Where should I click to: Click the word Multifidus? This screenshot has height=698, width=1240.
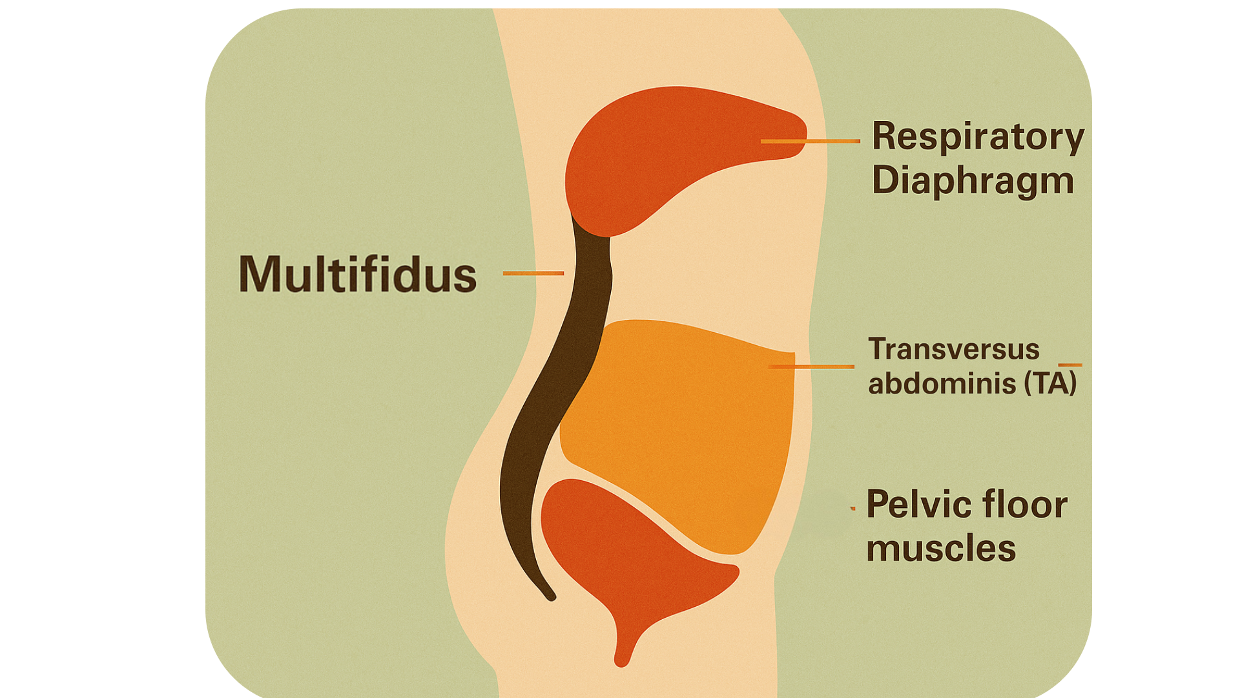click(358, 274)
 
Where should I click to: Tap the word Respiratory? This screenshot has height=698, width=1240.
click(978, 138)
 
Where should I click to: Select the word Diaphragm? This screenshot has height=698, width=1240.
click(973, 180)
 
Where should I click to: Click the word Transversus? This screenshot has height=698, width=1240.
click(954, 349)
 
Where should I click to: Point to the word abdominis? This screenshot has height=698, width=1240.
click(942, 383)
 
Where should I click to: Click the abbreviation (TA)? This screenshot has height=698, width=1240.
click(1051, 383)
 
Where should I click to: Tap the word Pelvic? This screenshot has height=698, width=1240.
click(913, 505)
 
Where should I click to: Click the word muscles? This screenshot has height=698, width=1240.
click(941, 549)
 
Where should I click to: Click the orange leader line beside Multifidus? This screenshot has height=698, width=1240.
click(533, 273)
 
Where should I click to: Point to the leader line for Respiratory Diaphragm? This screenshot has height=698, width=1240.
click(811, 141)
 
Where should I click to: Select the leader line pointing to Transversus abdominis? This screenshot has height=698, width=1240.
click(811, 366)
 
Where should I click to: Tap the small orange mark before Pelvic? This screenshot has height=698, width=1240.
click(853, 509)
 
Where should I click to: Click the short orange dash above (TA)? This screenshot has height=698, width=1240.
click(1070, 365)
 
